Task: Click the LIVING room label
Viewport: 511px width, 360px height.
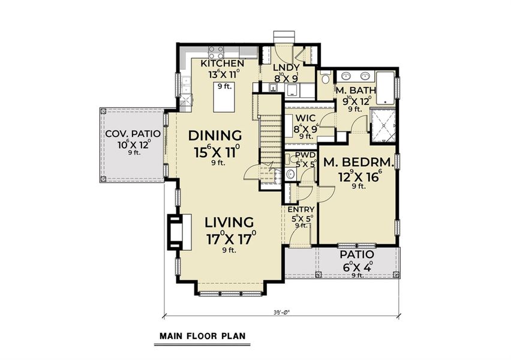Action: click(227, 223)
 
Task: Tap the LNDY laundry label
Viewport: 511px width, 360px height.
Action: click(287, 67)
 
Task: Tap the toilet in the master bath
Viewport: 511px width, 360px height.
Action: click(324, 78)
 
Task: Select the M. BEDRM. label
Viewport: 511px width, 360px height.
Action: click(359, 162)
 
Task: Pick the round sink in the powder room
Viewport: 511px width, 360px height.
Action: click(290, 175)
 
